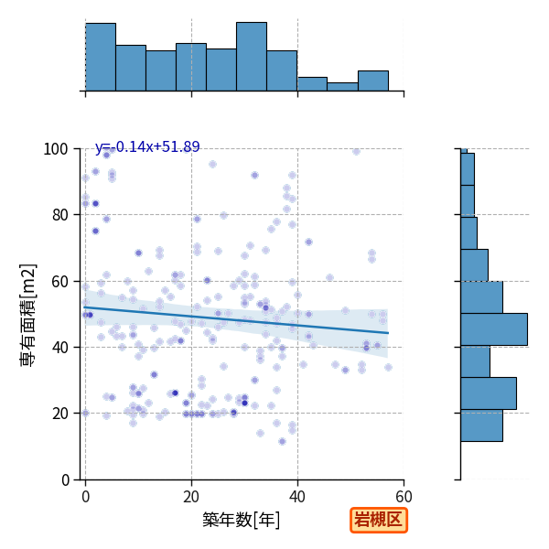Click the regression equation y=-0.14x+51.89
pyautogui.click(x=147, y=146)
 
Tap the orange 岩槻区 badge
pyautogui.click(x=379, y=520)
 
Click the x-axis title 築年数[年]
pyautogui.click(x=242, y=520)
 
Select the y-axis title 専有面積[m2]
pyautogui.click(x=28, y=315)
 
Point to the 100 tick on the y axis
pyautogui.click(x=55, y=149)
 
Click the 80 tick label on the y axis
pyautogui.click(x=59, y=215)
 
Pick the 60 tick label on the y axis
pyautogui.click(x=59, y=282)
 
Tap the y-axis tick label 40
pyautogui.click(x=59, y=348)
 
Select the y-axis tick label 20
pyautogui.click(x=59, y=414)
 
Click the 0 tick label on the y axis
pyautogui.click(x=65, y=480)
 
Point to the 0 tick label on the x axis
pyautogui.click(x=86, y=497)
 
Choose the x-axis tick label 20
pyautogui.click(x=191, y=497)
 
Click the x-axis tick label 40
pyautogui.click(x=297, y=497)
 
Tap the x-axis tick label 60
pyautogui.click(x=404, y=497)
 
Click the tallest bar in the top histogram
pyautogui.click(x=252, y=57)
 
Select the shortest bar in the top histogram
pyautogui.click(x=342, y=87)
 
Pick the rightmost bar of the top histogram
pyautogui.click(x=373, y=81)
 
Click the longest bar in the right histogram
pyautogui.click(x=494, y=329)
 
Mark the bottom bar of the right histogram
pyautogui.click(x=482, y=425)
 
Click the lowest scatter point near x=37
pyautogui.click(x=282, y=442)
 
